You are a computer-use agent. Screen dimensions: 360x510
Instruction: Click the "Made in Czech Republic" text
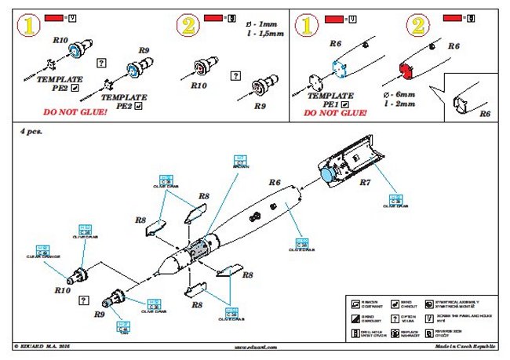[x=463, y=345]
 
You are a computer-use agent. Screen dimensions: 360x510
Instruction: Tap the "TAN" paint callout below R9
[x=123, y=329]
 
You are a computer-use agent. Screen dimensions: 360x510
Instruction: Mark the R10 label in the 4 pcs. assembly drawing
[x=64, y=289]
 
